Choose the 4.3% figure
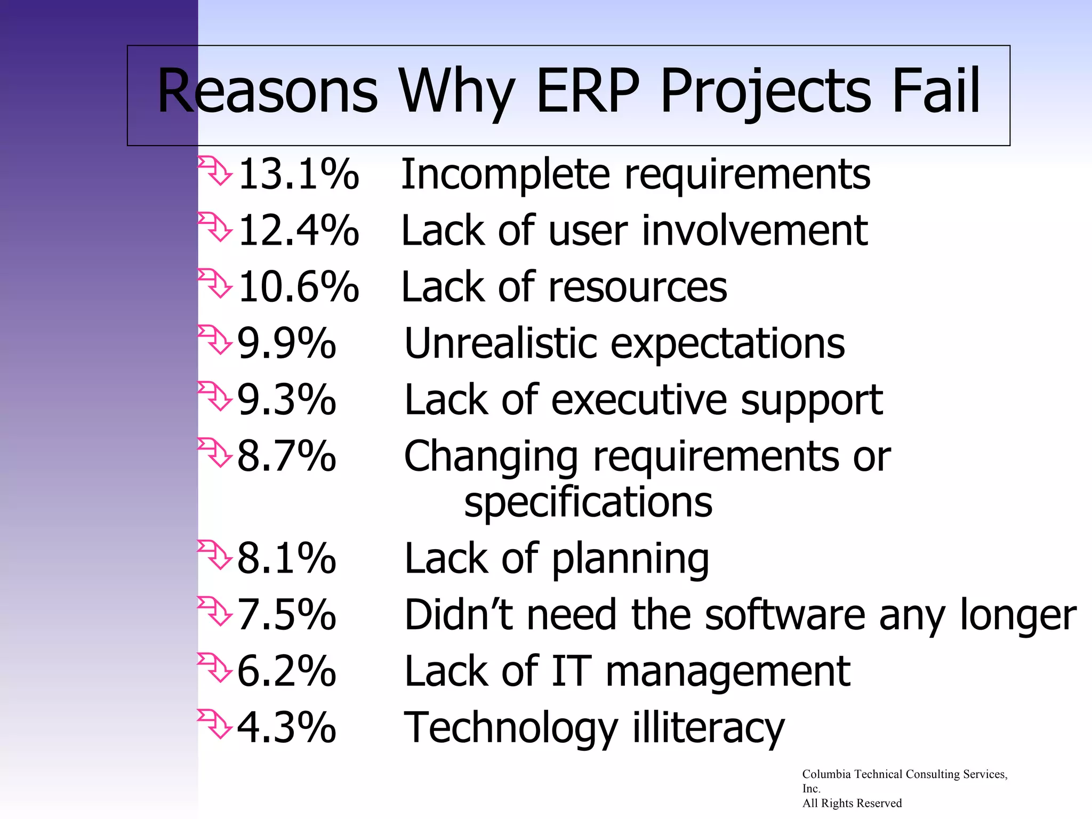[287, 727]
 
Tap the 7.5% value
[287, 615]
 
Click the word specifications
[588, 502]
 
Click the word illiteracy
[709, 728]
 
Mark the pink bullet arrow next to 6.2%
[214, 667]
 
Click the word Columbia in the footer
[826, 774]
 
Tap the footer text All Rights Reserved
[852, 803]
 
